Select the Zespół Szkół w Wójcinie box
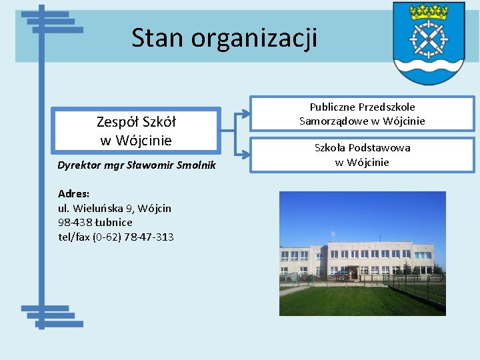(x=136, y=131)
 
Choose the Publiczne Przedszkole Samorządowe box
(x=362, y=114)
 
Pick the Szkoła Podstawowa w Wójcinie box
(x=362, y=155)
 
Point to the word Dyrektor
(x=81, y=165)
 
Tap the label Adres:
(x=73, y=194)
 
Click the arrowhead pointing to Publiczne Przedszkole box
(x=246, y=114)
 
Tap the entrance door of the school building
(x=351, y=273)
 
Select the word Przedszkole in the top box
(x=387, y=107)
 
